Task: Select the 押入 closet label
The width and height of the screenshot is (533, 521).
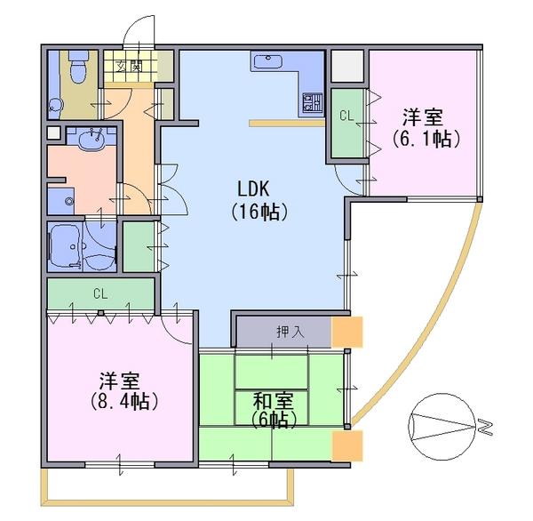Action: point(290,332)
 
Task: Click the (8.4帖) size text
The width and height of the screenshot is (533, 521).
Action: point(123,401)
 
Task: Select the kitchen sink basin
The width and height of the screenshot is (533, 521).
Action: point(267,62)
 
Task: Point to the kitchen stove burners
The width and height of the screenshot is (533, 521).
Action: point(311,101)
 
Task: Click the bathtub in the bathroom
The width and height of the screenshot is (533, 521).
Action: point(65,243)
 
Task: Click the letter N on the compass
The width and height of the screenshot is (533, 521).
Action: point(486,429)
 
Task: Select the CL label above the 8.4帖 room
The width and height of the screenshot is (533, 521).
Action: point(99,293)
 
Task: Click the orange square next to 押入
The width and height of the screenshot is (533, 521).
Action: point(346,332)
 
